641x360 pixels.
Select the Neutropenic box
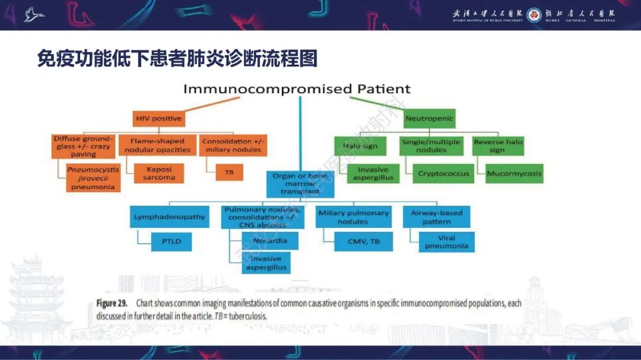[429, 119]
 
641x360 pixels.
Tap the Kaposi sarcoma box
[158, 173]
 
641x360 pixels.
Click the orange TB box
[229, 172]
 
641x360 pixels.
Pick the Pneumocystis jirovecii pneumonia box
[93, 178]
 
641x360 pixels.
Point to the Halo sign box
[360, 146]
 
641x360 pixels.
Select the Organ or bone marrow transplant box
[300, 183]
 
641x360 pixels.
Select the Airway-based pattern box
[436, 217]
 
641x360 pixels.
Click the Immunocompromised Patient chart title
[297, 89]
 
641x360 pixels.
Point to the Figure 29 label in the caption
[111, 303]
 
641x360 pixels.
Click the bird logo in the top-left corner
[34, 14]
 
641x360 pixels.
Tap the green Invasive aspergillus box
[373, 173]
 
